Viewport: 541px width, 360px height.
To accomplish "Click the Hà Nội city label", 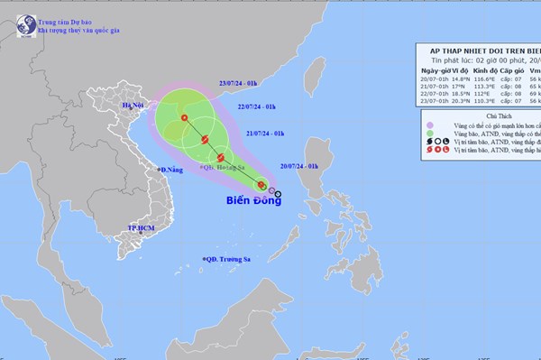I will tap(134, 106).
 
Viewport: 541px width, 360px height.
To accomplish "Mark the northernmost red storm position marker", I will tap(185, 118).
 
